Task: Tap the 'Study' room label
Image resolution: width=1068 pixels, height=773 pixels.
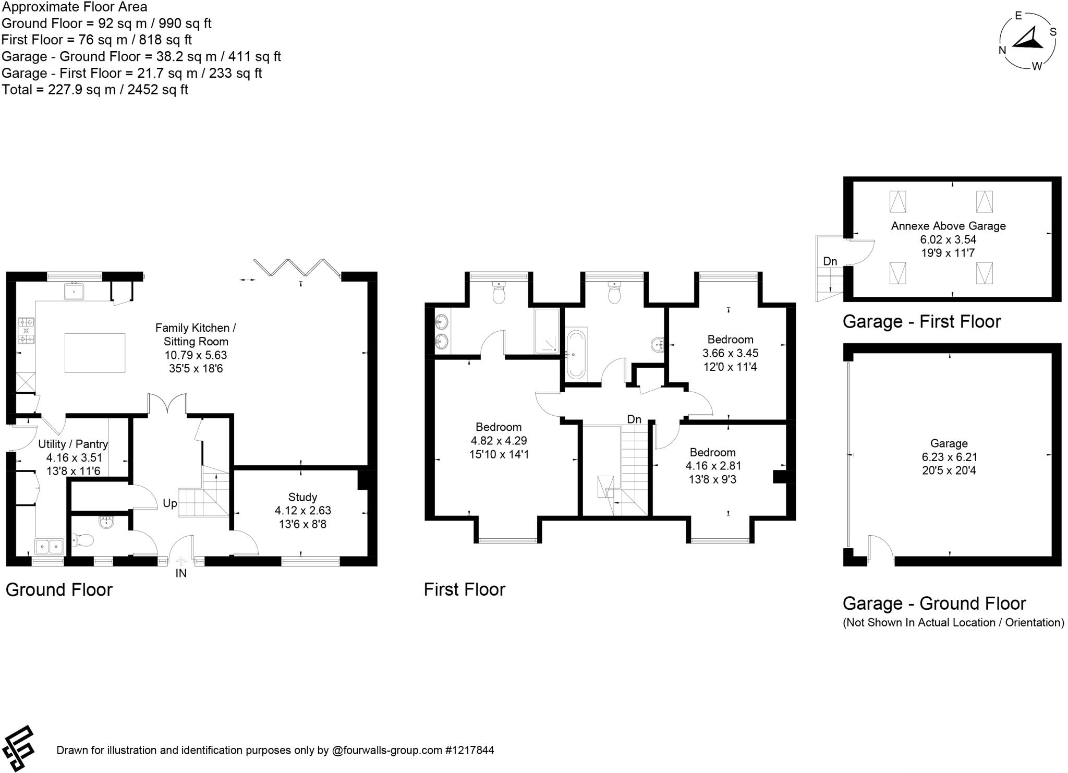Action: click(302, 497)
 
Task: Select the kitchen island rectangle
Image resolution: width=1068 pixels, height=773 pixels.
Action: click(95, 353)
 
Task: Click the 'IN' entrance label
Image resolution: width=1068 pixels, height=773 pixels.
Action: click(181, 573)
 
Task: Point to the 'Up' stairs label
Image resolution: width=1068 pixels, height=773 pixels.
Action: click(170, 503)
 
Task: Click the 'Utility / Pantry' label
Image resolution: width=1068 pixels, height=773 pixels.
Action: click(73, 444)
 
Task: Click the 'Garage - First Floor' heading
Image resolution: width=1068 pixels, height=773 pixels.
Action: click(921, 321)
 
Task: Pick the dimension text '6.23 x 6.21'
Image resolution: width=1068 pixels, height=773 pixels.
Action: click(949, 457)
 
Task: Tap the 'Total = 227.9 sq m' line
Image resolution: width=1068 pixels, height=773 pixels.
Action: click(95, 90)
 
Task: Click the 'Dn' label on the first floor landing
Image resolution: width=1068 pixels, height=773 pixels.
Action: click(634, 419)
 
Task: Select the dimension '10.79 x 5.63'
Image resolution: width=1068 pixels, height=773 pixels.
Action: click(196, 355)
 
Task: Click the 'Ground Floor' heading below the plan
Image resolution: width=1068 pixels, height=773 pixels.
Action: click(59, 590)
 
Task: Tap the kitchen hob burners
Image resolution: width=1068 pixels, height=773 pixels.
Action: click(26, 331)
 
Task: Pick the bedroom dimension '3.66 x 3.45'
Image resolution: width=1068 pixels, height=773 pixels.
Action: click(730, 353)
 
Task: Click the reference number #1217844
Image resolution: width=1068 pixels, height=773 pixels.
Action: click(469, 751)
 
